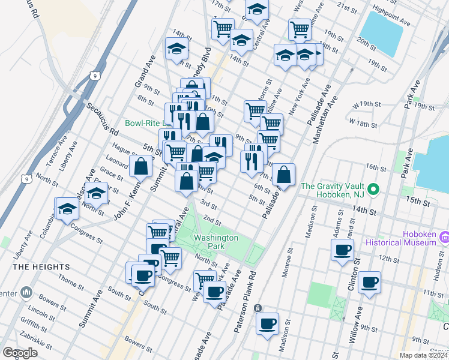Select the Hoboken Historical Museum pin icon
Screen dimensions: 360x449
tap(444, 237)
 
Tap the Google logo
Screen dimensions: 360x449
tap(20, 353)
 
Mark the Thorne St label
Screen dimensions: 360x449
tap(71, 280)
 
